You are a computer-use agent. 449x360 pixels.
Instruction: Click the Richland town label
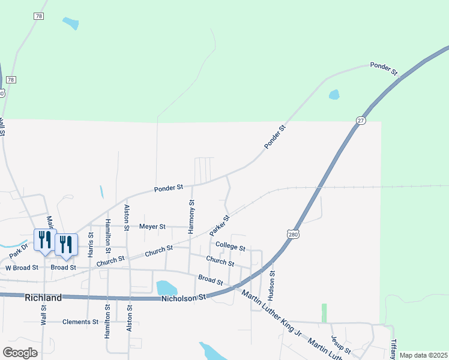point(43,298)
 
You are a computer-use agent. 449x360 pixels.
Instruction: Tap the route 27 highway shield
point(360,120)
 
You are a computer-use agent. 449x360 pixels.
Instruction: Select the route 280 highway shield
point(292,234)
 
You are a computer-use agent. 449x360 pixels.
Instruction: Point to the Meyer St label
point(152,227)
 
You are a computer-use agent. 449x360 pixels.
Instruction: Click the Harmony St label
point(191,217)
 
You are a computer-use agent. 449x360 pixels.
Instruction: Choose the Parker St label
point(220,226)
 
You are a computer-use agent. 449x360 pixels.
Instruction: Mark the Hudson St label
point(272,286)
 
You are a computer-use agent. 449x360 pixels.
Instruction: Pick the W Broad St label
point(22,268)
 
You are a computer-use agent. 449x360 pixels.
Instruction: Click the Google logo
point(20,352)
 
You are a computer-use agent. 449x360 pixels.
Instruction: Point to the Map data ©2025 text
point(423,355)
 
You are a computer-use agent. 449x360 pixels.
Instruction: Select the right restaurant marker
point(66,244)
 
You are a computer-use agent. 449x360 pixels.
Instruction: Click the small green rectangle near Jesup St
point(324,313)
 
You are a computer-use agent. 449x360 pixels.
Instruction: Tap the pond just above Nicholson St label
point(166,288)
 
